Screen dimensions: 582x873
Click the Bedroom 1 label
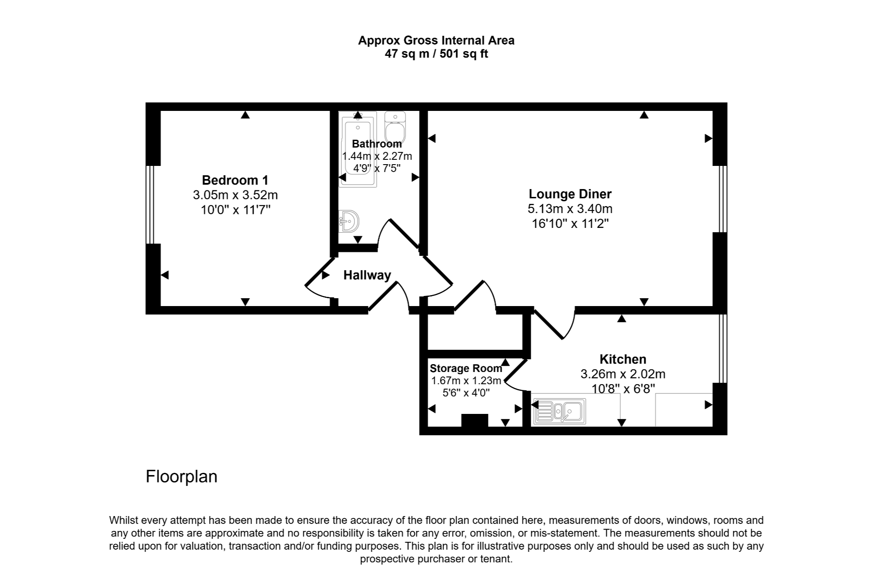coord(235,180)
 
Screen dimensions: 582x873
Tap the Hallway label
coord(367,275)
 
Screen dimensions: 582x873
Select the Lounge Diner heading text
coord(570,194)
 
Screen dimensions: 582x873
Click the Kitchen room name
coord(622,359)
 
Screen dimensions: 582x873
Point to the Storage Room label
coord(466,368)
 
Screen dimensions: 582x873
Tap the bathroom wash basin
coord(349,221)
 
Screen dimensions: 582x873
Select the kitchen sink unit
coord(559,411)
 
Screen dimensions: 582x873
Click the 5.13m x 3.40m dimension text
coord(570,209)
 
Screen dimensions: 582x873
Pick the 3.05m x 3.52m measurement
coord(235,195)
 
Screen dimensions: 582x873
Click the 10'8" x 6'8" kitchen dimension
coord(623,388)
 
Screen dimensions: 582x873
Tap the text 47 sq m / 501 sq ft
coord(436,54)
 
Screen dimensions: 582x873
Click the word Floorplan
coord(181,476)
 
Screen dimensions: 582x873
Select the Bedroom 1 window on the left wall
coord(150,204)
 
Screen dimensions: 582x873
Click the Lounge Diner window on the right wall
coord(723,199)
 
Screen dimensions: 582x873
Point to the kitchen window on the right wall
coord(723,348)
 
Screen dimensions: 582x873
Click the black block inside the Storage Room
coord(474,420)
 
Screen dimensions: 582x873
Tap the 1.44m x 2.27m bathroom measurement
coord(377,156)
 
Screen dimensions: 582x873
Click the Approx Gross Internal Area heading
coord(436,41)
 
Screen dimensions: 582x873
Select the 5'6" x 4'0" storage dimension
coord(466,393)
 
